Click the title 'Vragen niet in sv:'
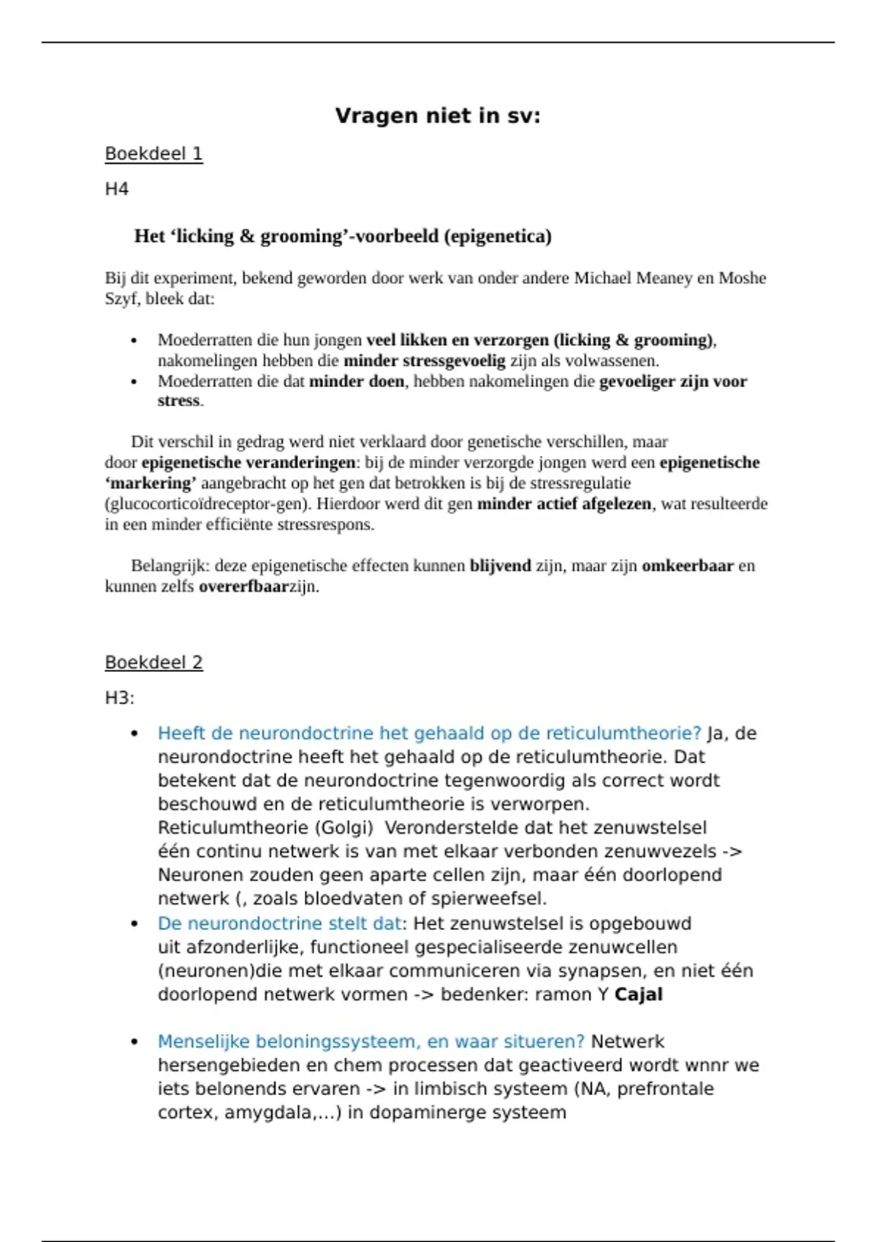[438, 115]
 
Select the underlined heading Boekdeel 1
[153, 154]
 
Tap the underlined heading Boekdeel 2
[153, 663]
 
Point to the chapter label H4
[117, 189]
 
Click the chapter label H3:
[120, 698]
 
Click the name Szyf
[121, 299]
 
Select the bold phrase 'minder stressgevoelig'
[425, 361]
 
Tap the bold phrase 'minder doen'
[357, 381]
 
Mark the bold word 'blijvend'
[501, 566]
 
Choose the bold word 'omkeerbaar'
[688, 566]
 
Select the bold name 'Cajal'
[639, 994]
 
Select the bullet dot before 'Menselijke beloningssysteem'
[134, 1042]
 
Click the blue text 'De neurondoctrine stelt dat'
[279, 923]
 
